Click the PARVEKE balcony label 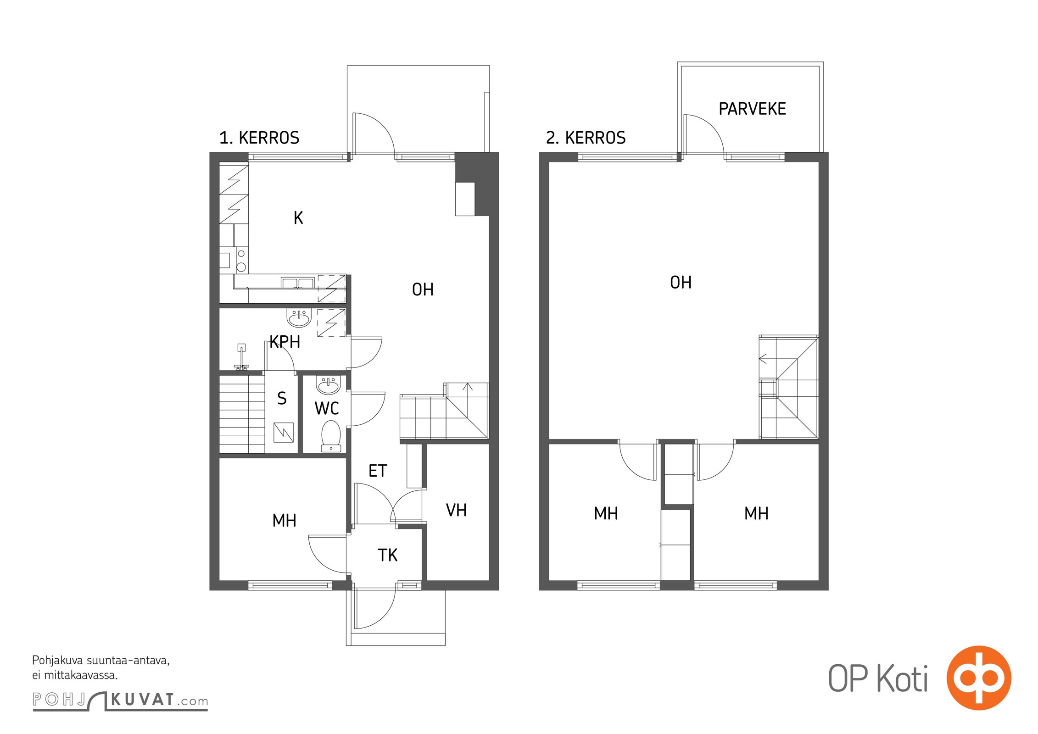point(752,109)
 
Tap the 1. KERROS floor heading point(259,138)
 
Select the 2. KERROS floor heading point(586,138)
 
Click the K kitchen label point(298,217)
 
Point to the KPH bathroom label point(285,342)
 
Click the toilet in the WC point(331,436)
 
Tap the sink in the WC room point(328,385)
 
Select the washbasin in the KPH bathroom point(299,317)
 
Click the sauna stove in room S point(283,432)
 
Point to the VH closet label point(456,510)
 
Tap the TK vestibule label point(387,555)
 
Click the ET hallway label point(378,471)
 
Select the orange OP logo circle point(979,678)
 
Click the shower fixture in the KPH point(241,357)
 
